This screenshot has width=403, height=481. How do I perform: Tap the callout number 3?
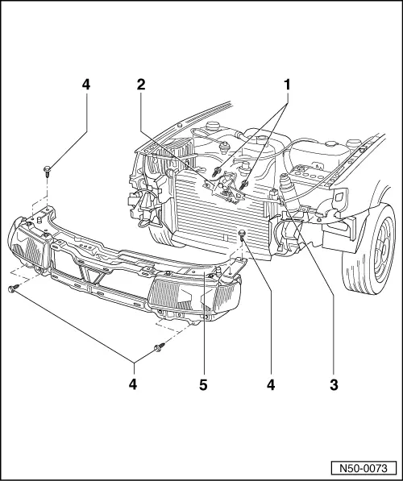click(x=333, y=385)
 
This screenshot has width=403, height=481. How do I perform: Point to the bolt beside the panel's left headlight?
click(x=12, y=288)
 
